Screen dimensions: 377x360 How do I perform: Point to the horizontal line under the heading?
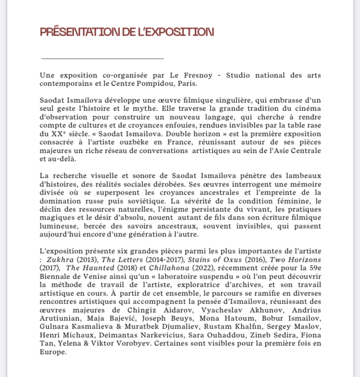[x=102, y=58]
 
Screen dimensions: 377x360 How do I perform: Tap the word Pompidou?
[x=146, y=84]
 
